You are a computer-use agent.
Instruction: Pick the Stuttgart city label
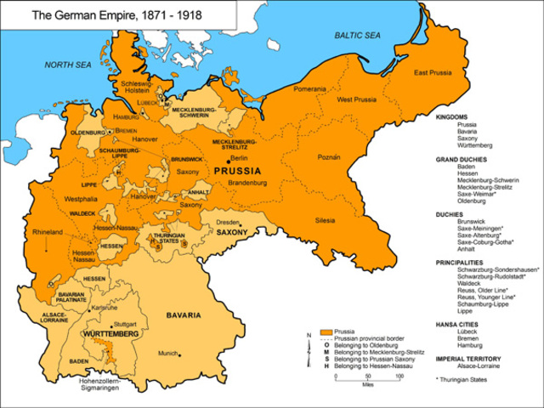click(x=124, y=323)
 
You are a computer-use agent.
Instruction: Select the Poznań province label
click(x=329, y=157)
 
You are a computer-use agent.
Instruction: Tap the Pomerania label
click(x=310, y=89)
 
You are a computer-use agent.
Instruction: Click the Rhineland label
click(x=48, y=231)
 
